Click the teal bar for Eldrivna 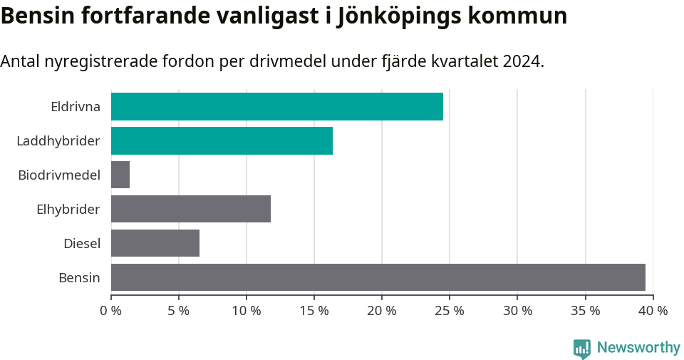click(276, 106)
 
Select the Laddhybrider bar click(222, 140)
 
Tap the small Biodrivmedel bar click(120, 175)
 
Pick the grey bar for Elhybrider click(191, 209)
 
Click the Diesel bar click(155, 243)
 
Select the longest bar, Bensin click(378, 277)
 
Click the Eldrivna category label click(76, 107)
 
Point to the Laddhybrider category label click(58, 141)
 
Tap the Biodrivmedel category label click(59, 175)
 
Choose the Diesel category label click(82, 244)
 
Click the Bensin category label click(79, 278)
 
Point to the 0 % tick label click(111, 311)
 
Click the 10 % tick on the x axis click(247, 311)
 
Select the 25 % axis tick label click(450, 311)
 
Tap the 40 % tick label click(653, 311)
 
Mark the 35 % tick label click(585, 311)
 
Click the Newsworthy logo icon click(582, 349)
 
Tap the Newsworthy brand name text click(638, 348)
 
